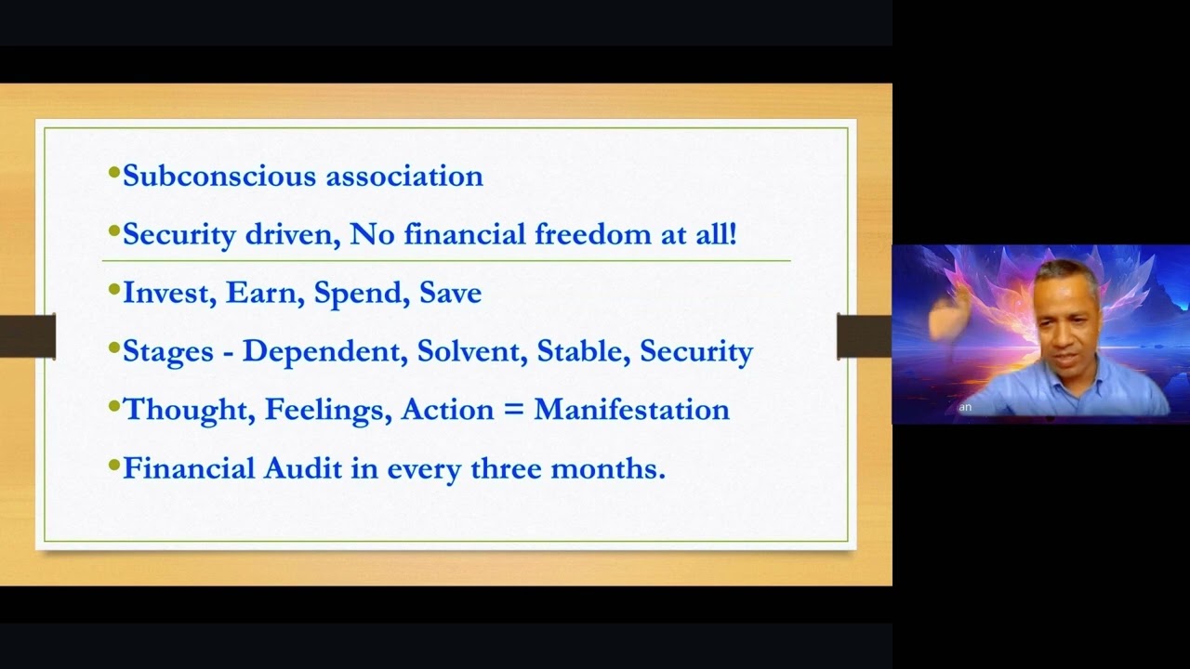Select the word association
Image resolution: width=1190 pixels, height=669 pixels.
coord(404,176)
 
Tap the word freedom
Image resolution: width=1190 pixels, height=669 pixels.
coord(592,233)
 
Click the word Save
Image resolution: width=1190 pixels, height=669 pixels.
coord(451,292)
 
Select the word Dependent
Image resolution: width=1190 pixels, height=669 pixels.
coord(324,351)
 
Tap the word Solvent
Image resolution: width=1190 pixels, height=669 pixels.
coord(471,351)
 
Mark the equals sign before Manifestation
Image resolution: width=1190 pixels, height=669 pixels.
coord(513,410)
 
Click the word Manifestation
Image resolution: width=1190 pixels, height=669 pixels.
coord(631,410)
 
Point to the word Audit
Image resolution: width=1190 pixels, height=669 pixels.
coord(303,467)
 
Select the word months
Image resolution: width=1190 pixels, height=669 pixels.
coord(608,468)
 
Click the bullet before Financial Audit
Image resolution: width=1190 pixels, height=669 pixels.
coord(113,466)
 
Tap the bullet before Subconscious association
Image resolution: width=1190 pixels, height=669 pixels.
coord(113,173)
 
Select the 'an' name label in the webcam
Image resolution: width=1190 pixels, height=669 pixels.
coord(965,407)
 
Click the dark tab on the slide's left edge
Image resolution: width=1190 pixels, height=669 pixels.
coord(28,336)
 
